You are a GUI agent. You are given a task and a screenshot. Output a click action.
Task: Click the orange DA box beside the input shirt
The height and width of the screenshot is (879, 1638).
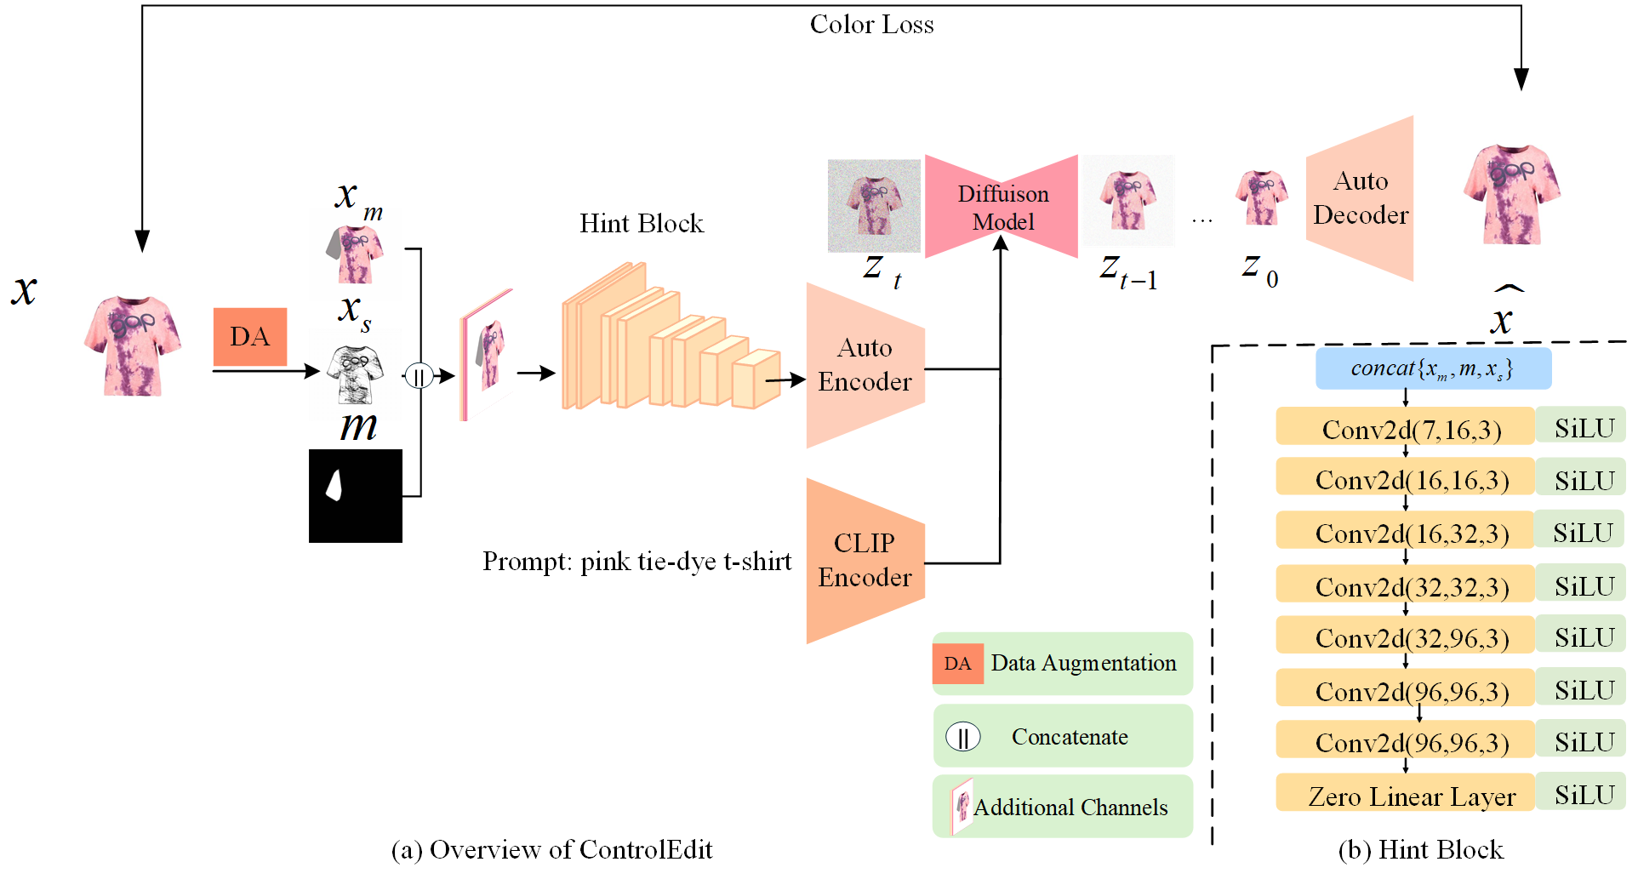[249, 337]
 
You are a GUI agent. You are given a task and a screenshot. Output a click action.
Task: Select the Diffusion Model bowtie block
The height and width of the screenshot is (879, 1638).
[1002, 207]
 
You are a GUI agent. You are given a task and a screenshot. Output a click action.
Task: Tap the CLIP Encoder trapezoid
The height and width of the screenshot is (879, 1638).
[865, 560]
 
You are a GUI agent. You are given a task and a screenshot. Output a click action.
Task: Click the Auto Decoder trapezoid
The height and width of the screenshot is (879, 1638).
[1360, 198]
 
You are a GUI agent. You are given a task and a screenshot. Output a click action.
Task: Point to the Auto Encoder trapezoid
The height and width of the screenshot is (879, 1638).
[865, 365]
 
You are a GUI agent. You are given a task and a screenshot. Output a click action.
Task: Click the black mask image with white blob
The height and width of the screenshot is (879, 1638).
[355, 495]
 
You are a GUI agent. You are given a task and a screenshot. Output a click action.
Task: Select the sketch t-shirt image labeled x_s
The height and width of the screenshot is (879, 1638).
[356, 374]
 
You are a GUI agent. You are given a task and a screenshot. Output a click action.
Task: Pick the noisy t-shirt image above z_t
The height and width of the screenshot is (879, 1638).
[874, 205]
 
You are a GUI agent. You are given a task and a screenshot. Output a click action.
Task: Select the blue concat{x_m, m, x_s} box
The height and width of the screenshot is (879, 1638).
[1433, 368]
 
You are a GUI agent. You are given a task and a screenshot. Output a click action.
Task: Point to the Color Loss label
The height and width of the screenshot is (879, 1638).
[871, 24]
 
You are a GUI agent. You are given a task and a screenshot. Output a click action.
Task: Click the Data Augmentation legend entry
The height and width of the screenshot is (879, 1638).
[1063, 664]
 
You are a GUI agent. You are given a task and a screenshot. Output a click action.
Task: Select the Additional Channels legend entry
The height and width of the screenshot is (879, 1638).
[1063, 807]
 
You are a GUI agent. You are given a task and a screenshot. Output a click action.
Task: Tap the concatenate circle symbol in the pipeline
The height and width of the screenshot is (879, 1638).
[419, 375]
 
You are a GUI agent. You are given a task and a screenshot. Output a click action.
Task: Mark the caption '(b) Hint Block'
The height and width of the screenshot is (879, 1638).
[1420, 849]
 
